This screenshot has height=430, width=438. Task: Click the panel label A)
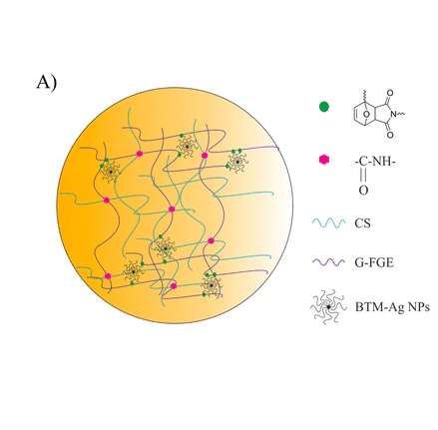[x=47, y=83]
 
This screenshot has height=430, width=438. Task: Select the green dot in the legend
[x=324, y=107]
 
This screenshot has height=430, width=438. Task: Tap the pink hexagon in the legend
[x=324, y=160]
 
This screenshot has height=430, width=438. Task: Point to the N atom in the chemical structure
[x=393, y=114]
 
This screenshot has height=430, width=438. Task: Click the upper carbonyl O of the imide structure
[x=390, y=93]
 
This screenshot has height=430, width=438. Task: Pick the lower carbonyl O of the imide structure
[x=390, y=135]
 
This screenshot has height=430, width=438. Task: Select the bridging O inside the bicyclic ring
[x=366, y=115]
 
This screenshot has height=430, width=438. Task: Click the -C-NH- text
[x=375, y=163]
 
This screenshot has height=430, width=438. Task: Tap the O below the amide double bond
[x=363, y=191]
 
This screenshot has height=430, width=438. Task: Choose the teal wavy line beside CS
[x=328, y=222]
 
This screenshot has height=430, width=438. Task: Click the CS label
[x=362, y=223]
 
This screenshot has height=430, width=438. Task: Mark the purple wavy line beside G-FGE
[x=328, y=262]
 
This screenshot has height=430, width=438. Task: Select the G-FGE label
[x=374, y=262]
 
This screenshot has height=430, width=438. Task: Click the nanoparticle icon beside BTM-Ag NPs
[x=328, y=307]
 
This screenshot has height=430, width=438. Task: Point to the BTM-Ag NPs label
[x=392, y=307]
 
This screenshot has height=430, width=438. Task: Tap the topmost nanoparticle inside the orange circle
[x=187, y=147]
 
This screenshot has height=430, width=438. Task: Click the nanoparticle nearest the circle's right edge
[x=237, y=162]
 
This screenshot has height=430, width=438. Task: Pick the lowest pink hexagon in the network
[x=174, y=286]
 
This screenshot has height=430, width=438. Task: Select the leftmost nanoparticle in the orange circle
[x=111, y=172]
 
